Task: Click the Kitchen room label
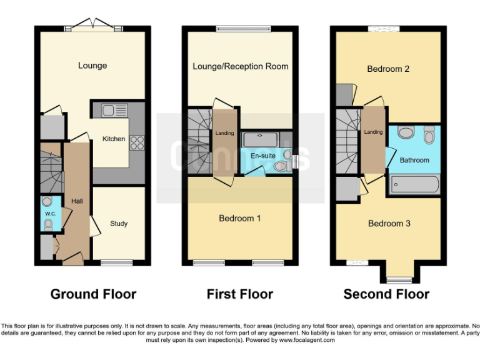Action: click(x=114, y=139)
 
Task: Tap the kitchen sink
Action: click(x=114, y=111)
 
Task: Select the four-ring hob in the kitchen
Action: click(x=137, y=143)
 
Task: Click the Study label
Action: click(x=119, y=224)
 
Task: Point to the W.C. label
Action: click(x=51, y=214)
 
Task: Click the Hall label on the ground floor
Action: click(x=77, y=201)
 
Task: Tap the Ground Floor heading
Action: click(x=93, y=294)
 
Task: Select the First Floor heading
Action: click(x=240, y=294)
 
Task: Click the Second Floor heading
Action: click(x=386, y=294)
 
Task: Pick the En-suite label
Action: click(x=263, y=156)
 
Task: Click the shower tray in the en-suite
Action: click(x=261, y=139)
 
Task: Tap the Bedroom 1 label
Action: click(x=240, y=218)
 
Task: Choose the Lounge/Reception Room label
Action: click(x=240, y=66)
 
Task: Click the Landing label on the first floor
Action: click(x=225, y=133)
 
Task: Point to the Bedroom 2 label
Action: click(x=388, y=69)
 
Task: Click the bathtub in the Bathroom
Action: click(x=414, y=184)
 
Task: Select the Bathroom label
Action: click(x=414, y=160)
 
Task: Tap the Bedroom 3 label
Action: click(x=389, y=224)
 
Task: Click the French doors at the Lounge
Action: click(x=93, y=25)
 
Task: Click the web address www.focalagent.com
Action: click(x=307, y=340)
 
